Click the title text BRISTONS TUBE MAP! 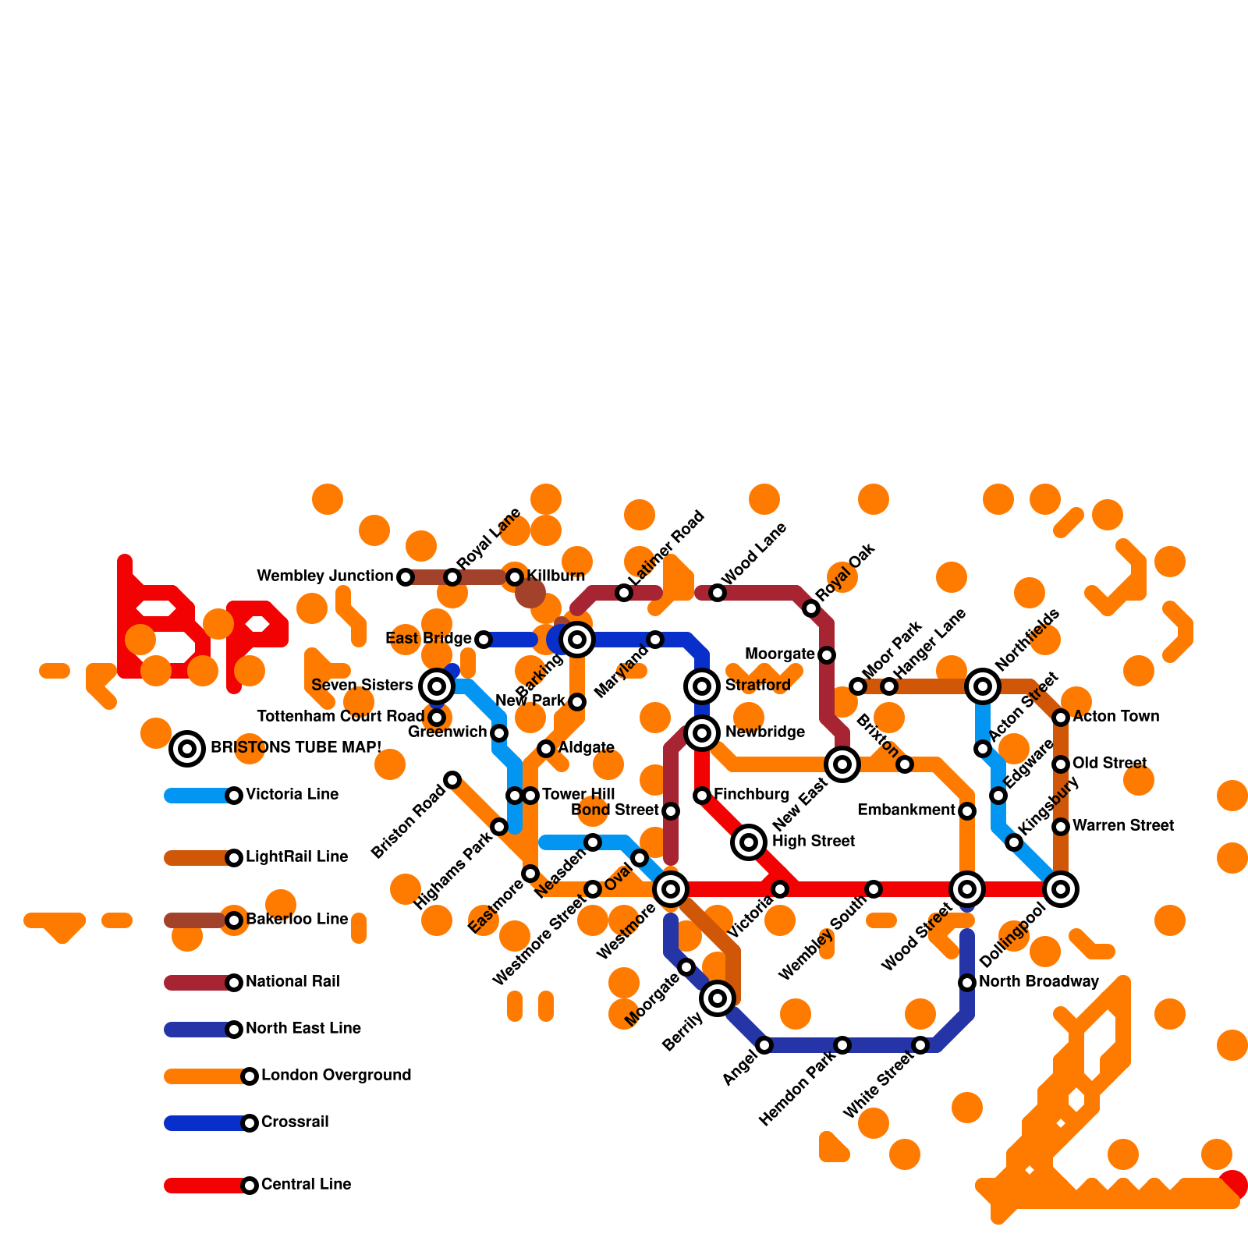(x=296, y=747)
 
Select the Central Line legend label (x=306, y=1184)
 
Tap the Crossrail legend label (x=295, y=1122)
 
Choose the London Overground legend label (x=336, y=1075)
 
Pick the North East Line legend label (x=303, y=1028)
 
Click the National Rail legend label (x=292, y=981)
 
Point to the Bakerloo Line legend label (x=297, y=919)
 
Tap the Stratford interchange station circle (x=702, y=686)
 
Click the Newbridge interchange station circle (x=702, y=733)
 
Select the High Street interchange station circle (x=749, y=842)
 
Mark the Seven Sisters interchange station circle (x=437, y=686)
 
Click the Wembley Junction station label (x=325, y=576)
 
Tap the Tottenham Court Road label (x=341, y=716)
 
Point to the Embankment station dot (x=967, y=811)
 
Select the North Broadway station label (x=1039, y=981)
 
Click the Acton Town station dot (x=1061, y=718)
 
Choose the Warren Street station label (x=1123, y=825)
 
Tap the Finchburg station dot (x=702, y=796)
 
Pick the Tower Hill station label (x=579, y=794)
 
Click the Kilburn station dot (x=515, y=577)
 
